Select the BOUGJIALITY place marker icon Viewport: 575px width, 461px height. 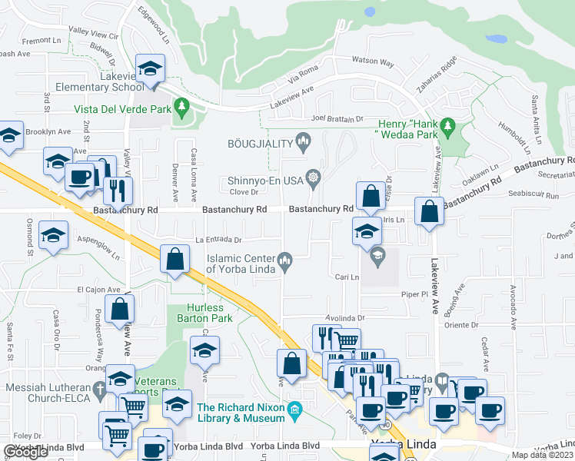(303, 140)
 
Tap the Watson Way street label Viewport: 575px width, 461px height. (372, 61)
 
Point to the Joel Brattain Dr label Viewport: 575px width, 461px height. (337, 119)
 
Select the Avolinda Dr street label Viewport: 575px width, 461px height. (344, 317)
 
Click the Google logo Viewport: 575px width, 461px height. (26, 452)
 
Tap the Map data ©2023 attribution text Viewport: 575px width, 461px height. (543, 455)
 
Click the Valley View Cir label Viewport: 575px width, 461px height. (93, 34)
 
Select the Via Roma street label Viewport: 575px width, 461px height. (302, 76)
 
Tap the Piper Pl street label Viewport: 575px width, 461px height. (414, 294)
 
